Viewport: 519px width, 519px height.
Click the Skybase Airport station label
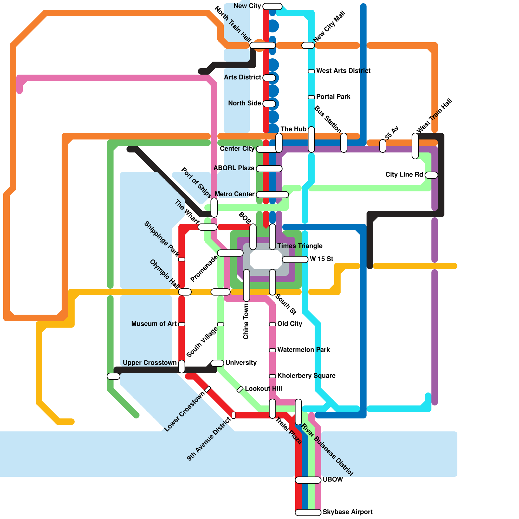tap(347, 512)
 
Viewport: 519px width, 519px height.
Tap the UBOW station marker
tap(308, 480)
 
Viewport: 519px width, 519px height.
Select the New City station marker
tap(272, 6)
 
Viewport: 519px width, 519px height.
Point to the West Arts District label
tap(343, 71)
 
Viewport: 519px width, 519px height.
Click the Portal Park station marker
tap(311, 97)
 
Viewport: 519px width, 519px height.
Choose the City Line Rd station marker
tap(431, 175)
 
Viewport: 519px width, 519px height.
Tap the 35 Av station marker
tap(383, 146)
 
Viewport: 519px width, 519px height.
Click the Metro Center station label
tap(235, 194)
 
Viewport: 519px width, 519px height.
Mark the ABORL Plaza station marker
tap(269, 169)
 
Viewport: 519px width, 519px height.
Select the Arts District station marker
tap(269, 78)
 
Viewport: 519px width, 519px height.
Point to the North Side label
tap(245, 103)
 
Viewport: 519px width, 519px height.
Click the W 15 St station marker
tap(295, 259)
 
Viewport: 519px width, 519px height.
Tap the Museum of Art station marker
tap(182, 324)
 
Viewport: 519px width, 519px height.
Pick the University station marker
tap(217, 363)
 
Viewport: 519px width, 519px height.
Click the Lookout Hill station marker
tap(240, 389)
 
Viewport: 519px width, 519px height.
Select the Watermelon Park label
tap(303, 350)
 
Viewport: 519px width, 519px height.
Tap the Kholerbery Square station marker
tap(272, 376)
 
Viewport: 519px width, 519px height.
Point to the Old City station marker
tap(272, 324)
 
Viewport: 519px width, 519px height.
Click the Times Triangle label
tap(300, 246)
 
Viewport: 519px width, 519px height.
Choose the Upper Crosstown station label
tap(150, 363)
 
